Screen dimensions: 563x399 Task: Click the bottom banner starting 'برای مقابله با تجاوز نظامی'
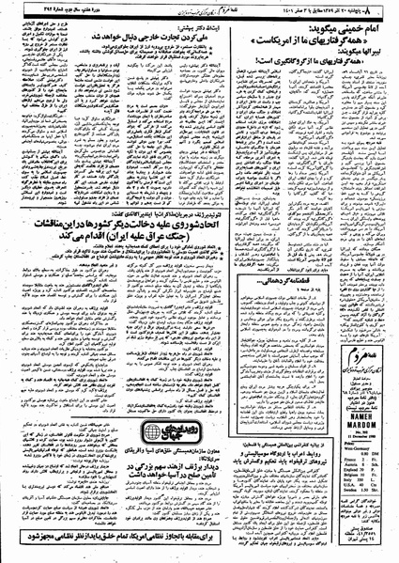point(199,550)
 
